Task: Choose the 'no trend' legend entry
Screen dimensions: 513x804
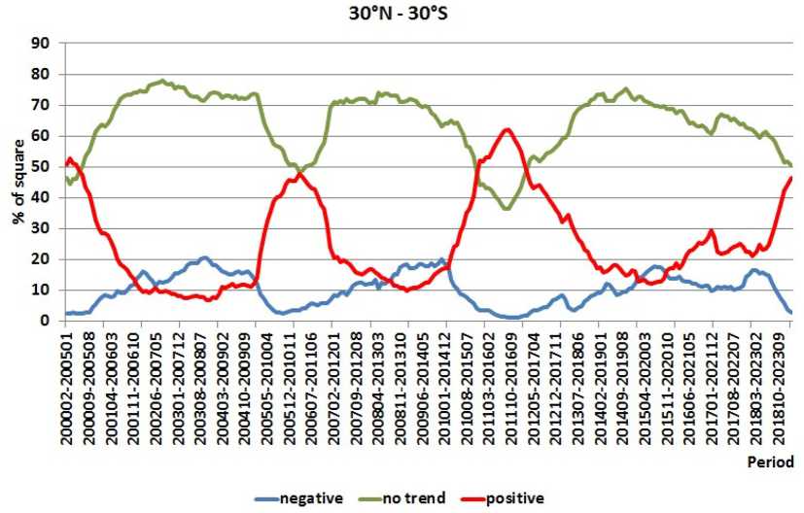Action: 412,498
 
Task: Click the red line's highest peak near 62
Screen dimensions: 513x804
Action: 507,129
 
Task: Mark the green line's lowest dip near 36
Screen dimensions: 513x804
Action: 506,209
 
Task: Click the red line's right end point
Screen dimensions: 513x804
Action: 791,178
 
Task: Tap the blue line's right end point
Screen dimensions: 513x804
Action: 791,312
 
